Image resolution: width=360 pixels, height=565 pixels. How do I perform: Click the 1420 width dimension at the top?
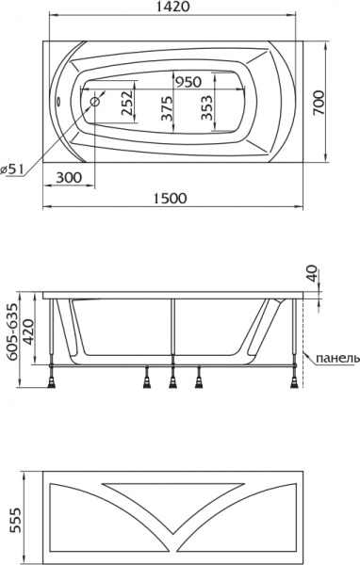coord(180,8)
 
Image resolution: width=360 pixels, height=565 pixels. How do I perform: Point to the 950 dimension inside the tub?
coord(188,82)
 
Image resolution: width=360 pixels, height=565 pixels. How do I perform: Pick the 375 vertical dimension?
coord(167,109)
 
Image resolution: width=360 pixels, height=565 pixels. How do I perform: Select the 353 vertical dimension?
coord(206,109)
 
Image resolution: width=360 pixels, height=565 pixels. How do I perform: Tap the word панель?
coord(337,359)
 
